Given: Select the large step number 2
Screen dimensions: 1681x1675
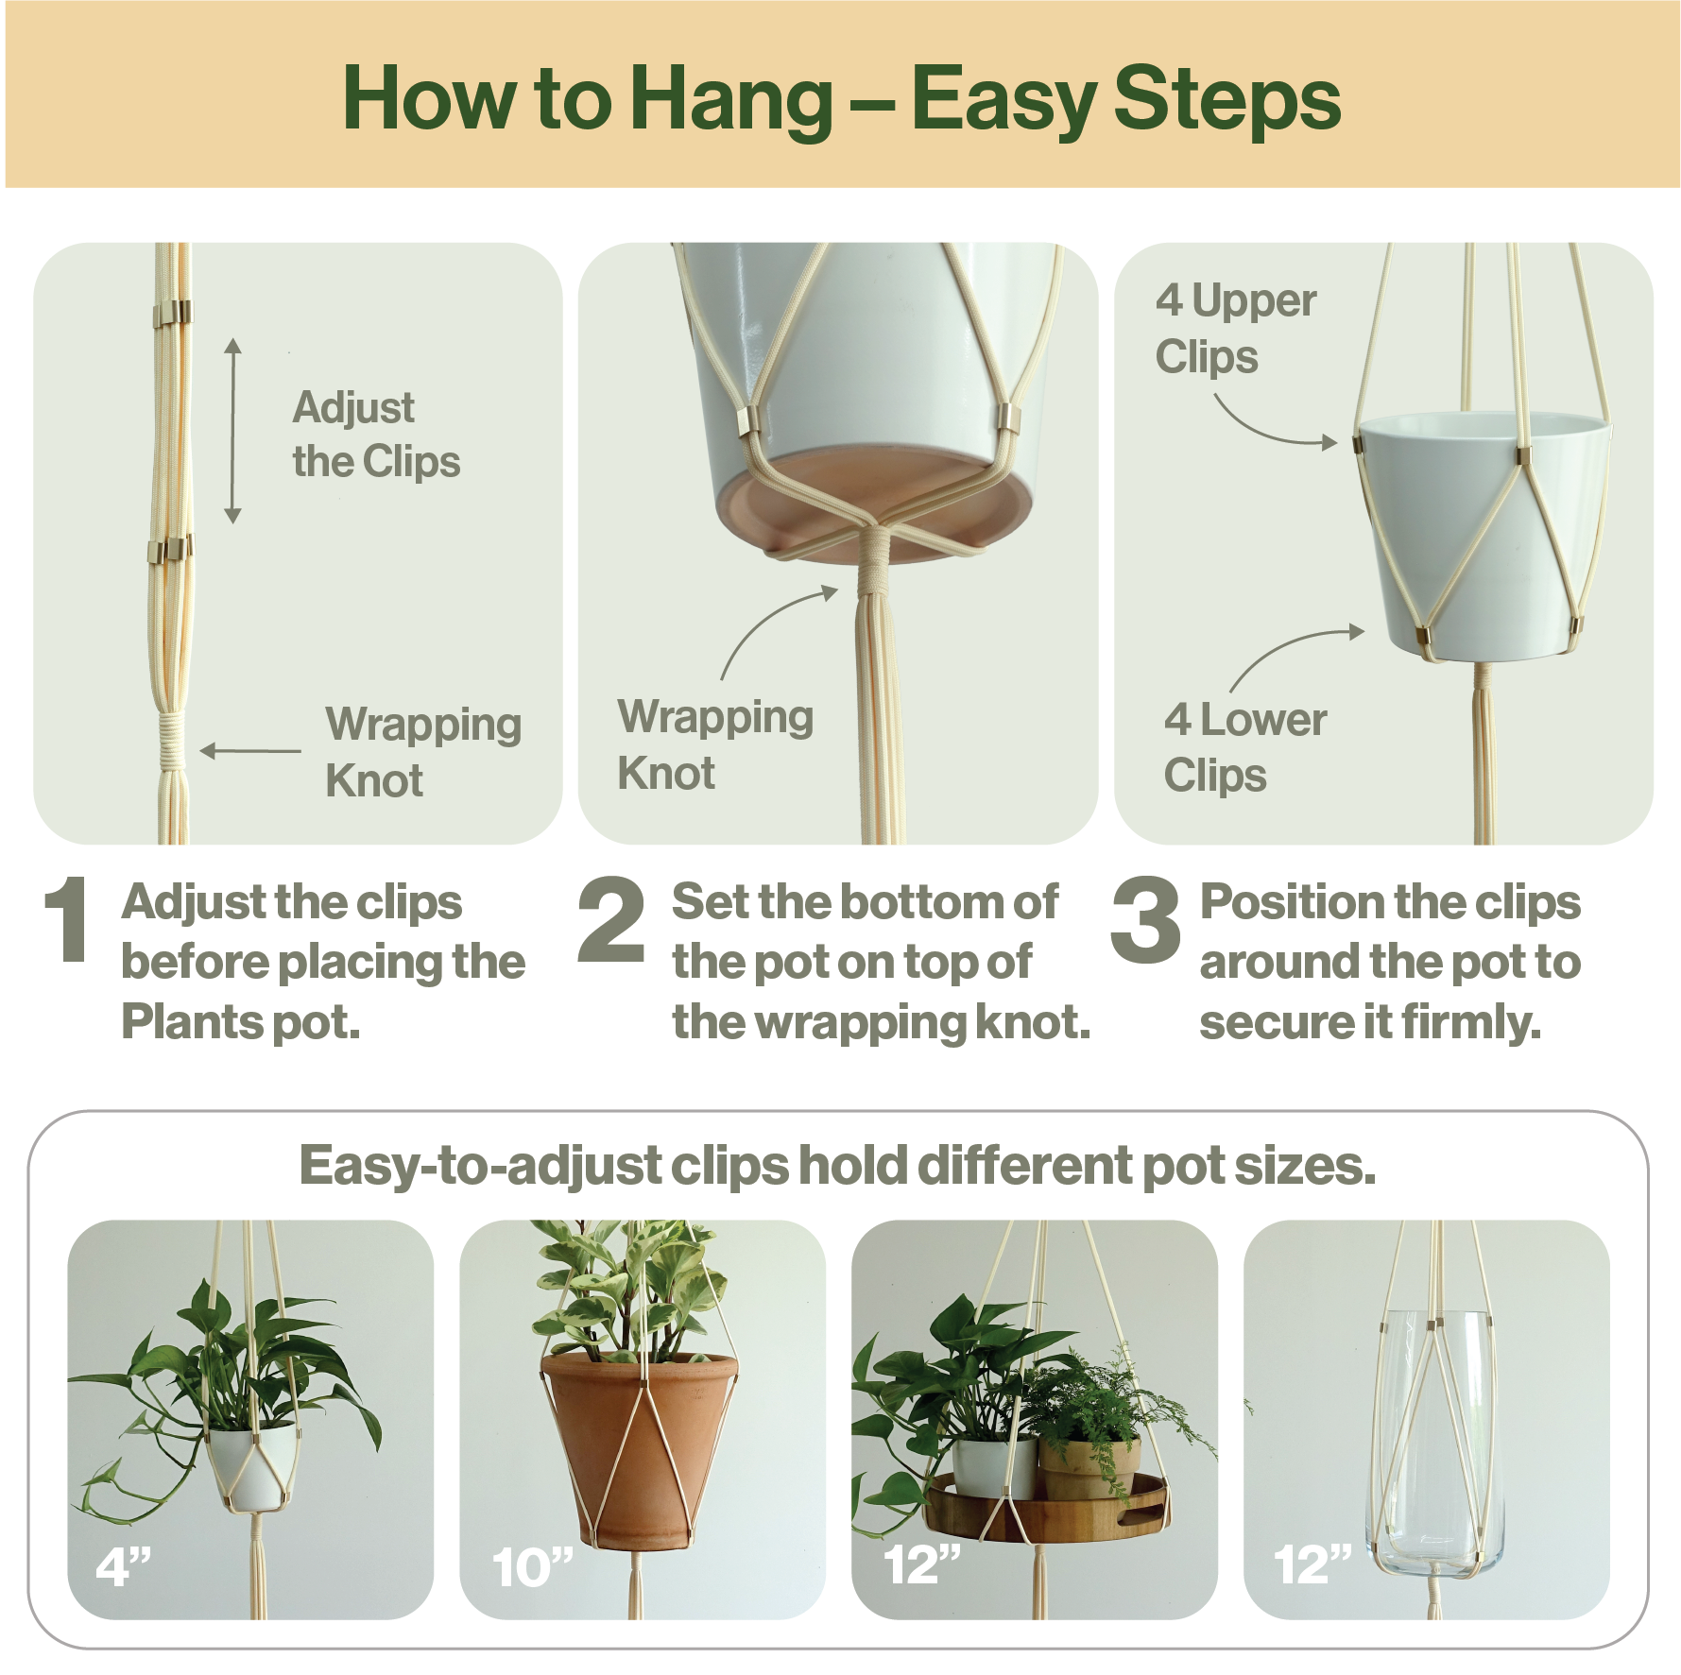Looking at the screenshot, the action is coord(611,918).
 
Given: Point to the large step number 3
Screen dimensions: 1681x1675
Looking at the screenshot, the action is coord(1145,918).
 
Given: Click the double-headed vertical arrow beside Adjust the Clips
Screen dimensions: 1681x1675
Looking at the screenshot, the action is coord(232,431).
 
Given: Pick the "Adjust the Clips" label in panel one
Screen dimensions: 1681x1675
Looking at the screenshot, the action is coord(376,435).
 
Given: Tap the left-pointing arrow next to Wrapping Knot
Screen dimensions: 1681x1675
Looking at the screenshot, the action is coord(250,751).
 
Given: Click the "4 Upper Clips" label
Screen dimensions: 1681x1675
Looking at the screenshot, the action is coord(1235,329).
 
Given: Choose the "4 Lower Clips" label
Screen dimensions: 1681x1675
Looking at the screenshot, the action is coord(1244,747).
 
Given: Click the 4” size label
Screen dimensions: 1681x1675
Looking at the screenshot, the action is coord(123,1567).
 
